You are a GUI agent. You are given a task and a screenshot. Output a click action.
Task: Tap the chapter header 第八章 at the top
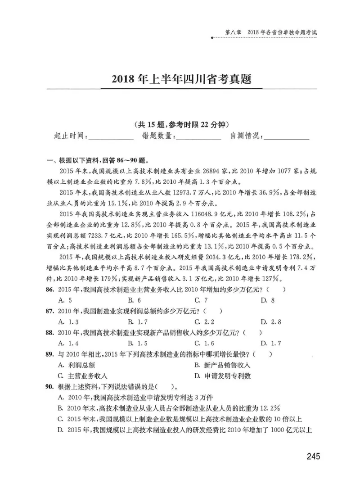tap(233, 33)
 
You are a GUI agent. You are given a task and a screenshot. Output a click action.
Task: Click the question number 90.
tap(49, 386)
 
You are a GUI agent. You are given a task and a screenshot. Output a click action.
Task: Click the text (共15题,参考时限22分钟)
tap(180, 125)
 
